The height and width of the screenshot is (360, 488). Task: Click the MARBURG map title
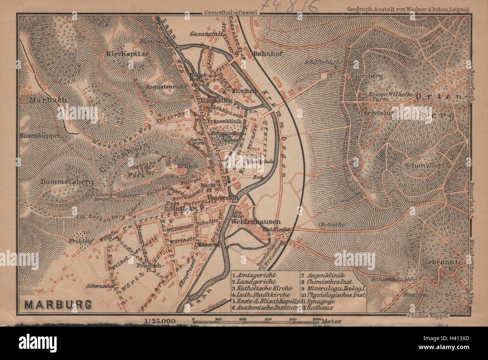click(x=57, y=304)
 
